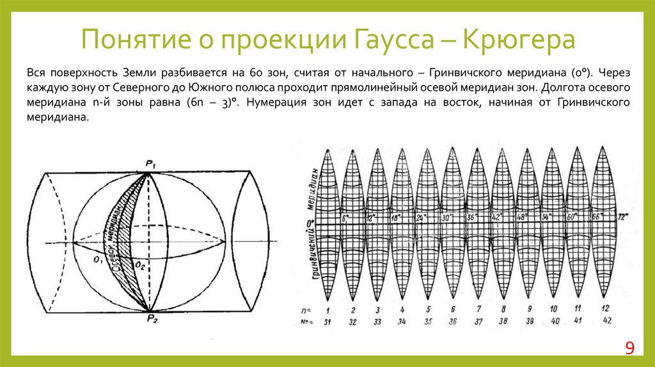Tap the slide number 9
[629, 348]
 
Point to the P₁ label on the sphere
[152, 165]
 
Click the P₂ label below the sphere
[151, 319]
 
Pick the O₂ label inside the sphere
[141, 263]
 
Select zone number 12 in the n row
[603, 309]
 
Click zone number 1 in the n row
[327, 309]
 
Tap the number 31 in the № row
[327, 321]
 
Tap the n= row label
[307, 309]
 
